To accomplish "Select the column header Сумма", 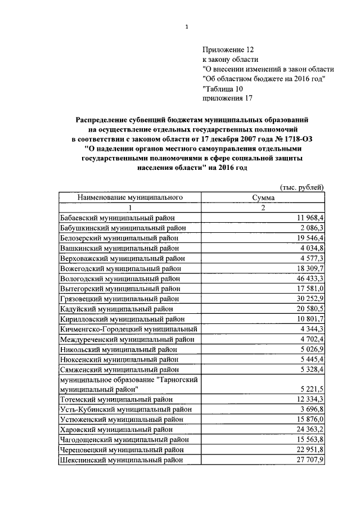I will [x=264, y=197].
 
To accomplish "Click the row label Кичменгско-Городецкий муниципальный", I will [x=128, y=328].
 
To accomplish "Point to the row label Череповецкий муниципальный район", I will [x=123, y=450].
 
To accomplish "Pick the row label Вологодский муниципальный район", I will [x=120, y=278].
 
